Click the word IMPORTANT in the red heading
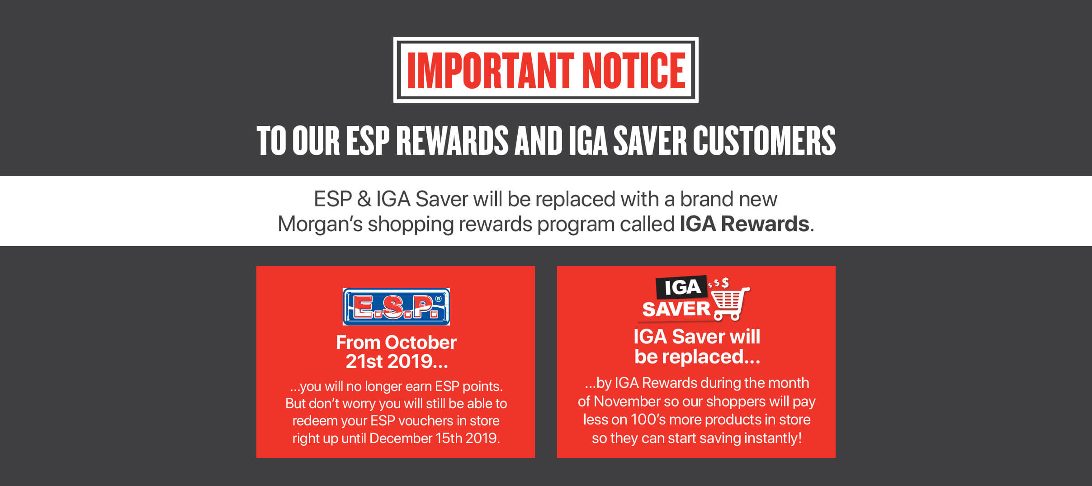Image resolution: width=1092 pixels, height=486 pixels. [491, 70]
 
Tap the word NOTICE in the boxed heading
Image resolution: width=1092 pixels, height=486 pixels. [634, 70]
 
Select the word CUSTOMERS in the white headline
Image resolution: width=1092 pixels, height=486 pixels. [764, 140]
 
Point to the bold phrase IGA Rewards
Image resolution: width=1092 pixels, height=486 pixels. [744, 224]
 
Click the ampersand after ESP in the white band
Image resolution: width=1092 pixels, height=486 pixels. [364, 200]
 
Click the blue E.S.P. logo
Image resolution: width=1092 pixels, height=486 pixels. [396, 306]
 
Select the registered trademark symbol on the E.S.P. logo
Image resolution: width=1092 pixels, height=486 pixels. [438, 299]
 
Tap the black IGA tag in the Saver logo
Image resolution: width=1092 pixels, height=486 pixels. [682, 287]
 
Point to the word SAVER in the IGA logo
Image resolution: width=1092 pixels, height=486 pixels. [676, 310]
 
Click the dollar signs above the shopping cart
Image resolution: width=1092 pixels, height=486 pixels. [719, 283]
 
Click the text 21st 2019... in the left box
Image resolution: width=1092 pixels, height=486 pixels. [397, 362]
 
